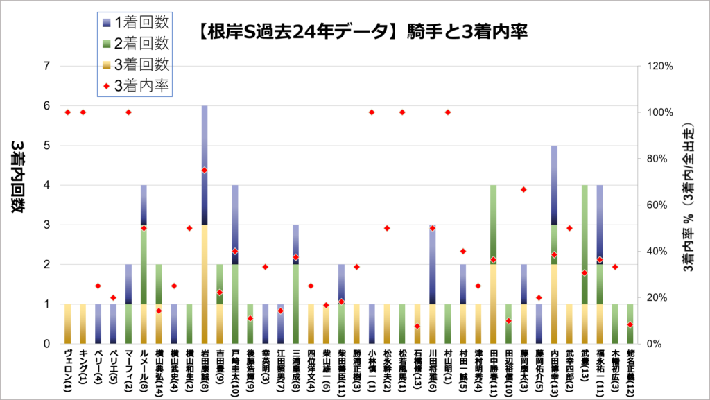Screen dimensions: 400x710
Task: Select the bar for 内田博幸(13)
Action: click(x=554, y=244)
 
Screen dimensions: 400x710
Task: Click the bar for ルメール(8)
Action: click(x=144, y=264)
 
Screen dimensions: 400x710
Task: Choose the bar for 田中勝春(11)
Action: click(x=493, y=264)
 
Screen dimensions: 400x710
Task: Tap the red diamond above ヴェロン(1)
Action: click(x=67, y=112)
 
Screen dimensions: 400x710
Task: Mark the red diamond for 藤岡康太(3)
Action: click(x=523, y=190)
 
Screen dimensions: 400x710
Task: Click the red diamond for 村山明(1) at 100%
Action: click(x=448, y=112)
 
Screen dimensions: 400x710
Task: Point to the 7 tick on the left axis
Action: click(x=47, y=67)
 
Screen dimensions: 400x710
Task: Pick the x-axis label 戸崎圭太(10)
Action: click(x=235, y=372)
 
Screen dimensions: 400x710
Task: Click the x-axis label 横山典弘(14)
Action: click(x=159, y=372)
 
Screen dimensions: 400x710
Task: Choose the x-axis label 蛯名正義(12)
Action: click(x=629, y=372)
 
